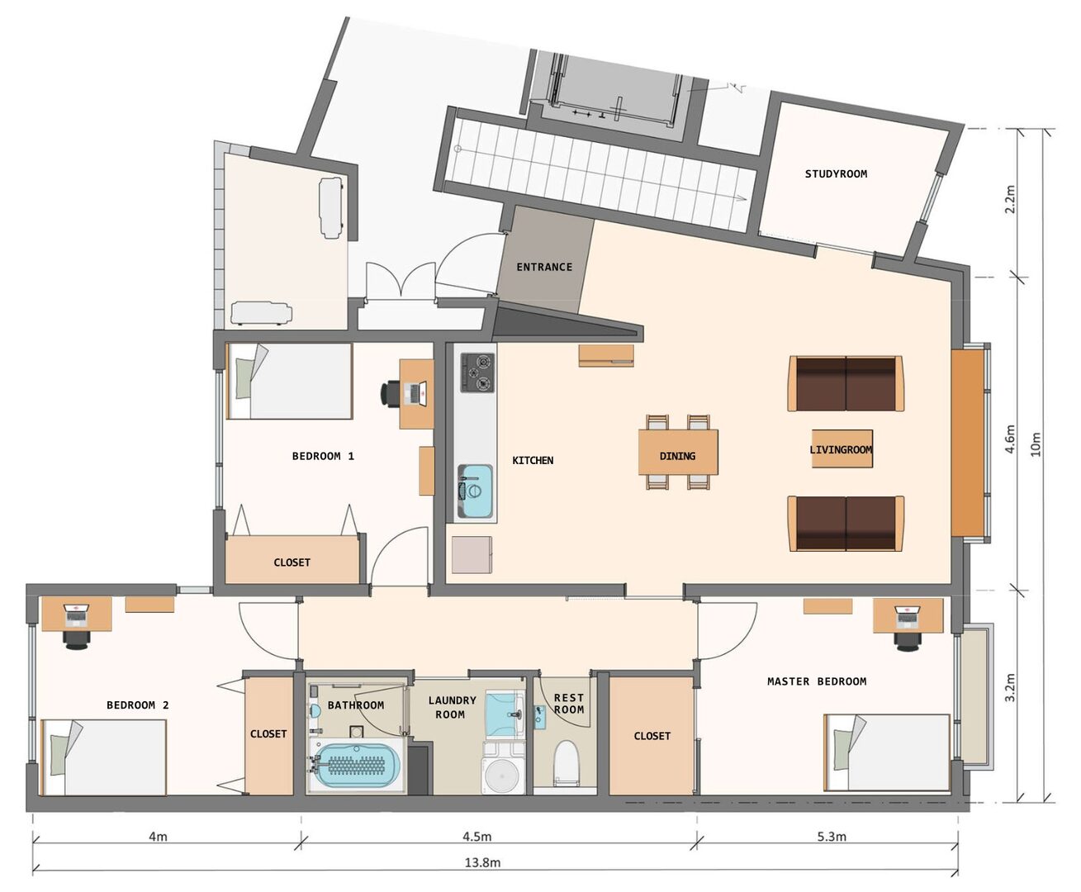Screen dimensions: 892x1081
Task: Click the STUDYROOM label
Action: (836, 174)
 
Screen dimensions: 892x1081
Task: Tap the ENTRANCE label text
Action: (544, 267)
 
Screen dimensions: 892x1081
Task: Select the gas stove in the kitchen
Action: (477, 372)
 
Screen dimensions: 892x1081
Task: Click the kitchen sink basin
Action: (475, 491)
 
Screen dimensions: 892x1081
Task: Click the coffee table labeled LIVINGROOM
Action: (841, 449)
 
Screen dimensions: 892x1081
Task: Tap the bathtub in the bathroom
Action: (358, 766)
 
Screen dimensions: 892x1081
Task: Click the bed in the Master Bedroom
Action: (888, 752)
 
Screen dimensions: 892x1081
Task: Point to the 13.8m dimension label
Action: (482, 862)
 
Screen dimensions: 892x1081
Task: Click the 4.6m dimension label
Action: (1009, 439)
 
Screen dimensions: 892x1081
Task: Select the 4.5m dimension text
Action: (476, 836)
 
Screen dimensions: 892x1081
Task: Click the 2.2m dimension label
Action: (1009, 199)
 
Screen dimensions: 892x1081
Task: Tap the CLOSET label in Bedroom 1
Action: (292, 562)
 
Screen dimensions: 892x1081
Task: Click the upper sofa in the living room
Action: (845, 384)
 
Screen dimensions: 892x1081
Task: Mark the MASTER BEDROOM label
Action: (816, 681)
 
